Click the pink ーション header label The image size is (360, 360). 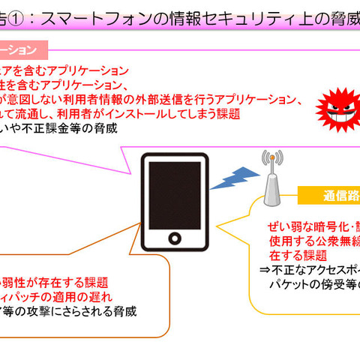[22, 51]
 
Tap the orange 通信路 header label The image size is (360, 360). [331, 196]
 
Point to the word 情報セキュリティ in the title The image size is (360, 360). [226, 19]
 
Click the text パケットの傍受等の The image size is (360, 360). [315, 286]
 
